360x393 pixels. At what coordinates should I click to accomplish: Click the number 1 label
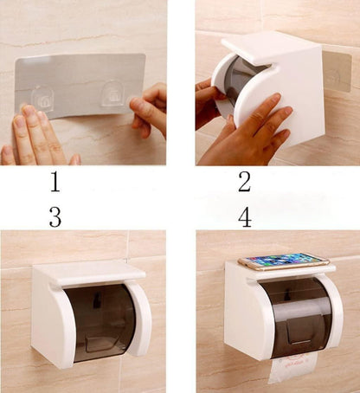click(55, 182)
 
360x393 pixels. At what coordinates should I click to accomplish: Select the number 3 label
click(55, 216)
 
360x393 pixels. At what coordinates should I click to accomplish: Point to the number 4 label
click(245, 216)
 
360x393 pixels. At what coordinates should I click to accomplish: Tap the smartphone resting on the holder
click(282, 261)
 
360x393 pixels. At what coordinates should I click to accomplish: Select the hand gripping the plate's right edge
click(151, 108)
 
